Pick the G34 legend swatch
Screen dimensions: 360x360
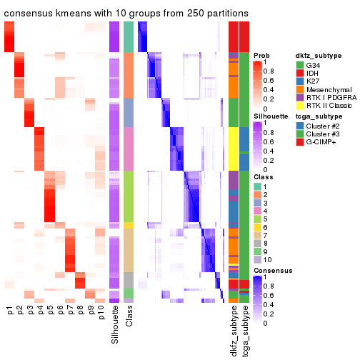[x=300, y=66]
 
